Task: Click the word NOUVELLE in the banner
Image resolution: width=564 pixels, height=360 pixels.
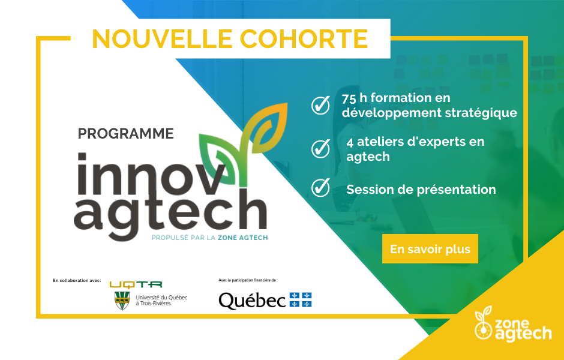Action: point(162,38)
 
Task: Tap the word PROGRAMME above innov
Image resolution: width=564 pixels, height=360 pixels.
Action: point(126,133)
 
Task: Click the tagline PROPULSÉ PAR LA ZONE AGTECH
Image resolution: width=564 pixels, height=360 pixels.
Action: point(210,238)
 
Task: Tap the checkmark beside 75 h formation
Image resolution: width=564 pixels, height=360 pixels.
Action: point(320,105)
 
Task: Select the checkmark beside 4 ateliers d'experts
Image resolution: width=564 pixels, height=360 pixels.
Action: point(320,149)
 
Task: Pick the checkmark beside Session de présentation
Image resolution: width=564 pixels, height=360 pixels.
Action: point(320,187)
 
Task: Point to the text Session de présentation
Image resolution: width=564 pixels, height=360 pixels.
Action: point(421,190)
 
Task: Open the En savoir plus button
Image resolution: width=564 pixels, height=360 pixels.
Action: point(430,249)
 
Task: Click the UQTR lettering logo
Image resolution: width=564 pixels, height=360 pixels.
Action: point(136,285)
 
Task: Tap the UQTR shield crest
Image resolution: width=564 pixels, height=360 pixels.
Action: point(122,301)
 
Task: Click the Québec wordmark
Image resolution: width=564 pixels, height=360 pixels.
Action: point(252,300)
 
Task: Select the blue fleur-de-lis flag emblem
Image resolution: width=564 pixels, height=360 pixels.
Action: point(301,300)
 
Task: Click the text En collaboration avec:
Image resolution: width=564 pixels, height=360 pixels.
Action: point(77,281)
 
